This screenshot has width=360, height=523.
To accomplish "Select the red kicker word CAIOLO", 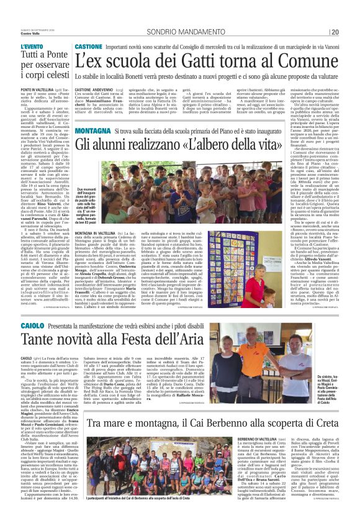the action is click(x=32, y=325).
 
